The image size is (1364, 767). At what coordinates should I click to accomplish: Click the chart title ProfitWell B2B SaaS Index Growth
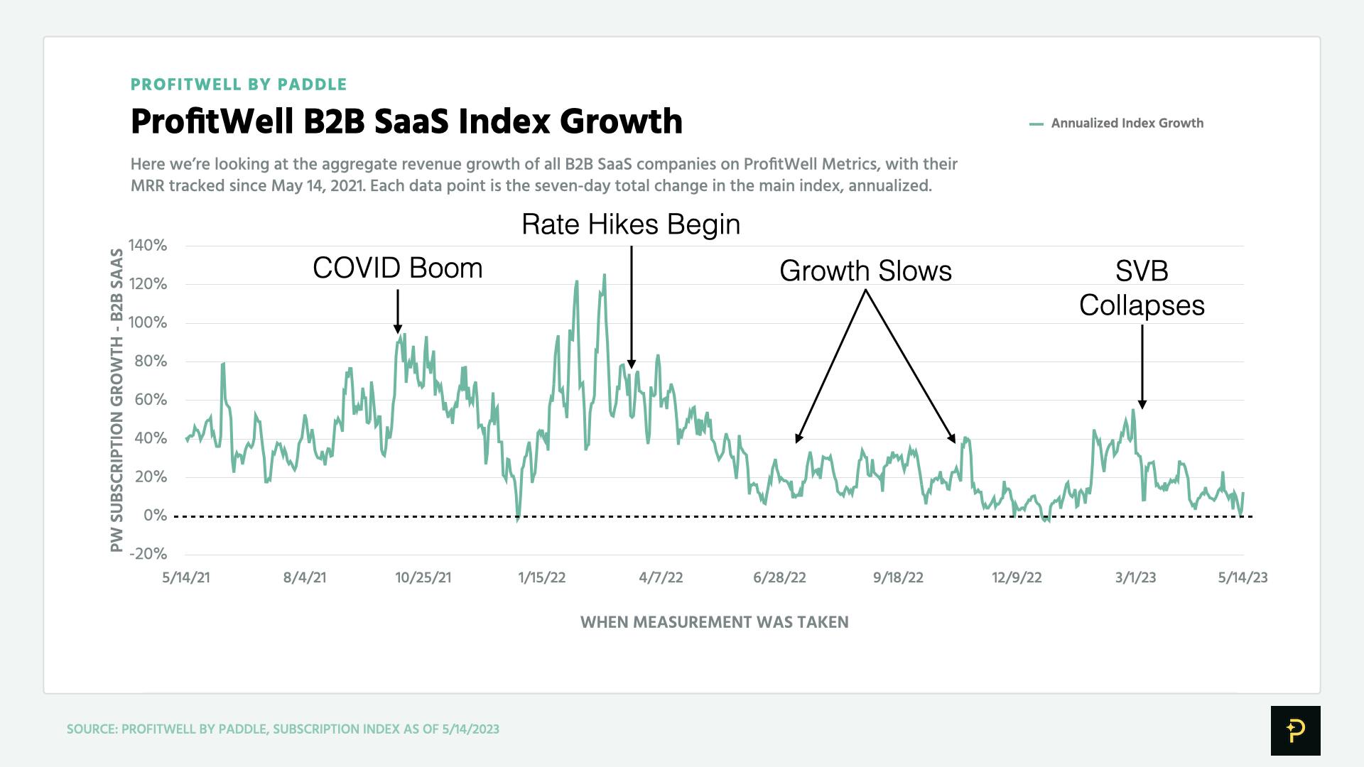click(x=406, y=121)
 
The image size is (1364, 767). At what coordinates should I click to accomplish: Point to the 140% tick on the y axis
click(x=148, y=246)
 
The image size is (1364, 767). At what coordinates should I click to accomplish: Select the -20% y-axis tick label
click(x=148, y=554)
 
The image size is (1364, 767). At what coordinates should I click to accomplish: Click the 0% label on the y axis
click(x=155, y=516)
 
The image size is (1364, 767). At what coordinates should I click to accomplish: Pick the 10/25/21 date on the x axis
click(x=423, y=577)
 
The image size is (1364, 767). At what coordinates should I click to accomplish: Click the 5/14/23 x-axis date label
click(x=1243, y=577)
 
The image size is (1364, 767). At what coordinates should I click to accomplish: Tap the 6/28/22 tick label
click(x=779, y=577)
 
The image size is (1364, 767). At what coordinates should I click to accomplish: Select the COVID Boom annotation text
click(x=397, y=268)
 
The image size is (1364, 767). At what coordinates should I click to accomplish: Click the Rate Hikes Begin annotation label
click(x=631, y=224)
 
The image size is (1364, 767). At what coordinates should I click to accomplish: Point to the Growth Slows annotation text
click(x=865, y=271)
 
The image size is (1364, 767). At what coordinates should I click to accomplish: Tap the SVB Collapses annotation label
click(x=1142, y=288)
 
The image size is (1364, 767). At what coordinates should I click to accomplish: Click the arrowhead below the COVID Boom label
click(x=398, y=329)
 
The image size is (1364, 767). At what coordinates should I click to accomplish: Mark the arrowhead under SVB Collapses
click(x=1142, y=404)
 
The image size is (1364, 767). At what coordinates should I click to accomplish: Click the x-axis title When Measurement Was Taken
click(x=714, y=622)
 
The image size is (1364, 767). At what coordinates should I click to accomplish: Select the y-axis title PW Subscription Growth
click(x=117, y=400)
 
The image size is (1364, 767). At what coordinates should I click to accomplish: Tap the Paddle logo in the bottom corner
click(x=1295, y=730)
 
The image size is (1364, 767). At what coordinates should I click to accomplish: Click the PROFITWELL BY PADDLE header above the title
click(x=239, y=85)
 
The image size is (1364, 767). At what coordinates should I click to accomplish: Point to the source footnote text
click(x=283, y=729)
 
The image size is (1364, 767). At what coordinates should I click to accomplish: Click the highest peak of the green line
click(x=605, y=276)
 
